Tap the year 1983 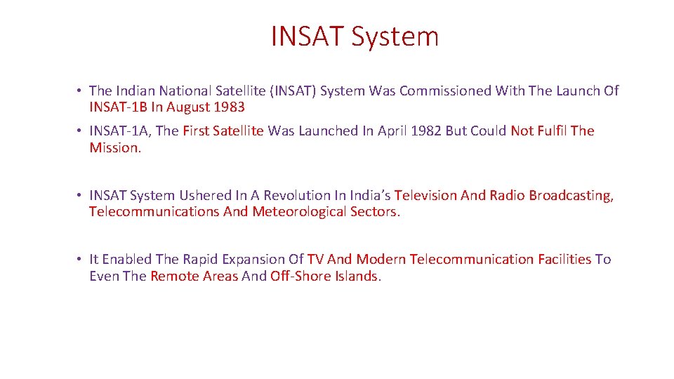pos(230,107)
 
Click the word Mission pos(114,148)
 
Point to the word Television pos(428,196)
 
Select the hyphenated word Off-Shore pos(300,277)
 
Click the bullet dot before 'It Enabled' pos(81,260)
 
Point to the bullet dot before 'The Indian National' pos(81,91)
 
